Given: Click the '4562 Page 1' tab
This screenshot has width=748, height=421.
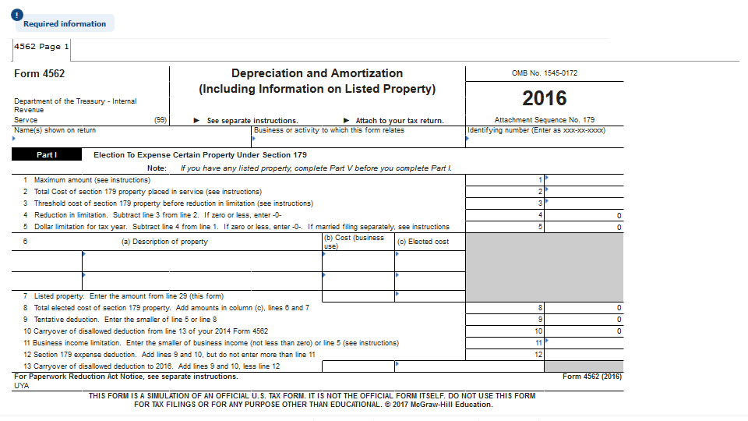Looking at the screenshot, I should (41, 47).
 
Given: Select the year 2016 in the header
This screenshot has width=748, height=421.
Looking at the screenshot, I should (545, 98).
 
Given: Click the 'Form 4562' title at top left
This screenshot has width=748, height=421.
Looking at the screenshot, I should (40, 74).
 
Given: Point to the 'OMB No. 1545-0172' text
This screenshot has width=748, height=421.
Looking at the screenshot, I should (545, 74).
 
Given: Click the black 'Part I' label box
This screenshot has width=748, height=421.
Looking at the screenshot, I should (46, 155).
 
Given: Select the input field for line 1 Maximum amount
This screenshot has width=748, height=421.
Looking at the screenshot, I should (584, 180).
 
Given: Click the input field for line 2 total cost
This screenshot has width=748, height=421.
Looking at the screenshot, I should (584, 192).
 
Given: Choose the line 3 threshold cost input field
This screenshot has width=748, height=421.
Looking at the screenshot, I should (584, 203).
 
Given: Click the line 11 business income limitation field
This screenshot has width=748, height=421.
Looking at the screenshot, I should (584, 343).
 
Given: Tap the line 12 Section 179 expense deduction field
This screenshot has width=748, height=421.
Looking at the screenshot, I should (584, 355).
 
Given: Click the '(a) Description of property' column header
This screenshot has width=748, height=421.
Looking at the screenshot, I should (164, 242).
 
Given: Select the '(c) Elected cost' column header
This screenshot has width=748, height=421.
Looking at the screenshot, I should (423, 242).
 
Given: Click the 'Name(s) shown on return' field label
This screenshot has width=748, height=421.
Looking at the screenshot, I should (55, 130).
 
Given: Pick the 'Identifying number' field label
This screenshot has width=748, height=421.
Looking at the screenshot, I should (537, 130).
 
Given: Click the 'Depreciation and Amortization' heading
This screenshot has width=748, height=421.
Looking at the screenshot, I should (317, 73).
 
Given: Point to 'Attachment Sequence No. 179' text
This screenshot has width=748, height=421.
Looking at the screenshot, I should (545, 120).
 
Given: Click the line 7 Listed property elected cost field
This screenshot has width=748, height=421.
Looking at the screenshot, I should (429, 296).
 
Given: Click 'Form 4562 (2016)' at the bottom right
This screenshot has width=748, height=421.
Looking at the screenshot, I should (592, 377).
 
